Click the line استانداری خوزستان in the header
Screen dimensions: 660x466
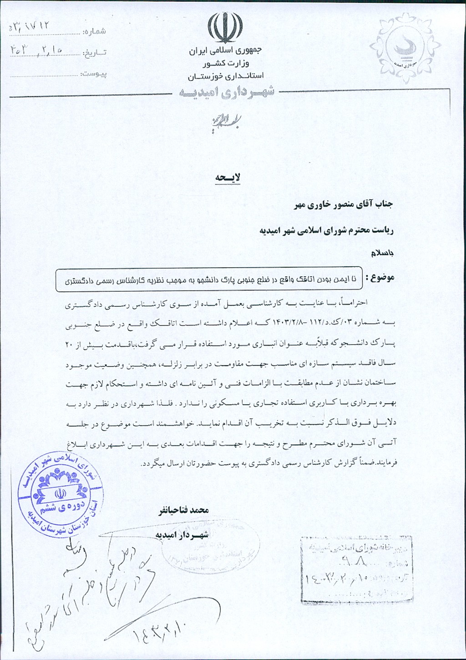(226, 76)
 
